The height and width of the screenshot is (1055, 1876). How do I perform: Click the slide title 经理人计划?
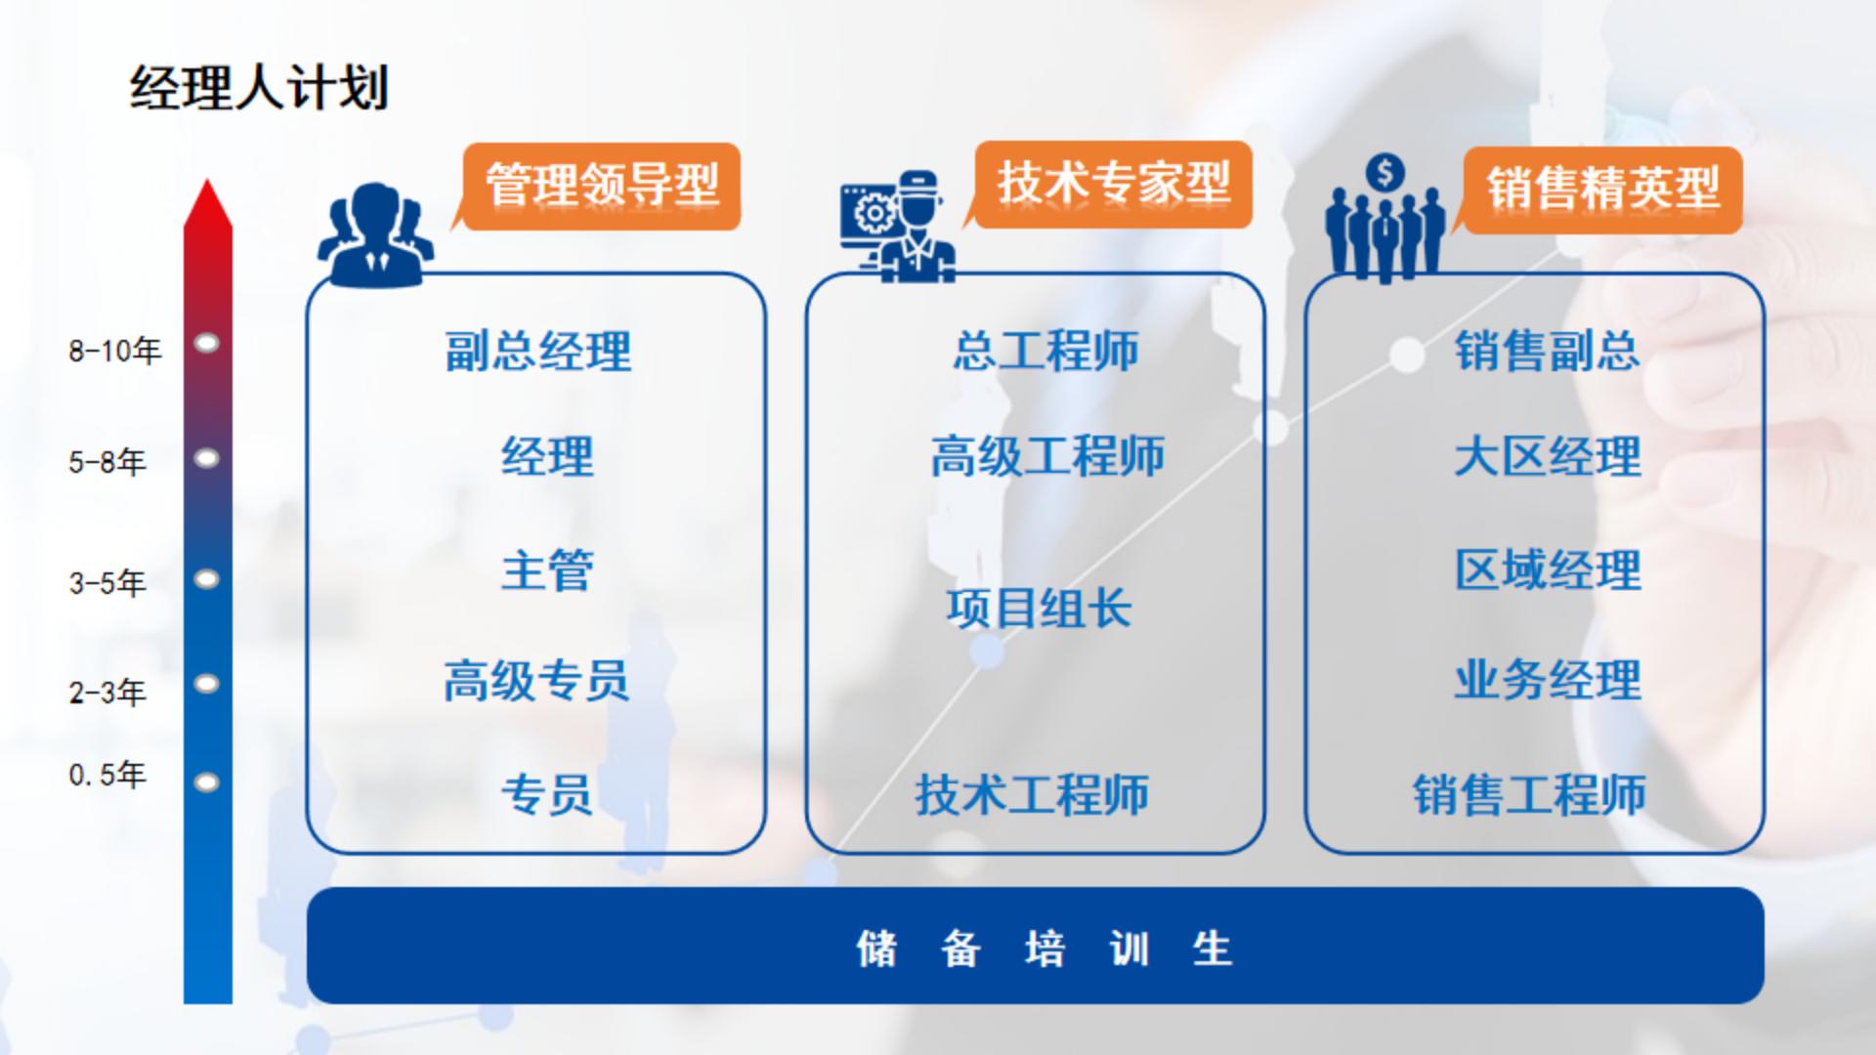pos(259,88)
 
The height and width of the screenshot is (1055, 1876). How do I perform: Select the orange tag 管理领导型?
pos(601,187)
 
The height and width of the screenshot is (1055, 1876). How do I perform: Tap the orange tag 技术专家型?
pos(1113,185)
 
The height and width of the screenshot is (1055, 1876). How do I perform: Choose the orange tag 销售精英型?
pos(1601,190)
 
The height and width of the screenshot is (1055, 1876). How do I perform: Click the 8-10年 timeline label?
pos(115,351)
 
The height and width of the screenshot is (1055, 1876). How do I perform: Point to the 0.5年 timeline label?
pos(107,776)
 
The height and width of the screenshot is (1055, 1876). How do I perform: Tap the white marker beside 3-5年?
pos(207,579)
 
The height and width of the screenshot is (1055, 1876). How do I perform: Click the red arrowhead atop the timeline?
pos(208,203)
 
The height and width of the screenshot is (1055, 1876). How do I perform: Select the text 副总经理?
pos(538,352)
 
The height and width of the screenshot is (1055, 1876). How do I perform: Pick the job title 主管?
pos(547,570)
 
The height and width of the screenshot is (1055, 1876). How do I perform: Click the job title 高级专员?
pos(536,681)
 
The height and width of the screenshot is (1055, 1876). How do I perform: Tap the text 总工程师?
pos(1045,352)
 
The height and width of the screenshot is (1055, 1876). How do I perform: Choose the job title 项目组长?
pos(1039,609)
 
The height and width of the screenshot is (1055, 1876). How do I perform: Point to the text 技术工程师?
pos(1032,795)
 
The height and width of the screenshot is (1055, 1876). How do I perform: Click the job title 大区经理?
pos(1548,457)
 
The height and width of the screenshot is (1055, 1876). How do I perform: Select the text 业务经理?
pos(1548,681)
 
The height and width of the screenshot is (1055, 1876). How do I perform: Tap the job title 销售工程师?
pos(1529,795)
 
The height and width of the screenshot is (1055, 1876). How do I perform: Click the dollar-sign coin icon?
pos(1385,174)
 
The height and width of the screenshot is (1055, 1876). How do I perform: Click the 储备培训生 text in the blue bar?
pos(1044,949)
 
